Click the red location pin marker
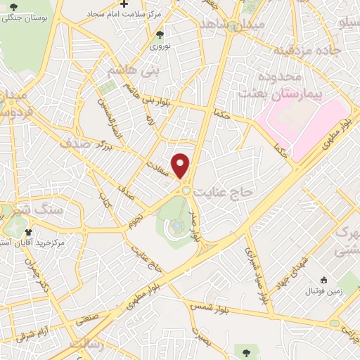coord(181,165)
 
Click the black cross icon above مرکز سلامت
coord(124,4)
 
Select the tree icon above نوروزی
coord(160,33)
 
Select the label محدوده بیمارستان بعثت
coord(270,84)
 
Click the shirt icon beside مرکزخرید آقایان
coord(29,231)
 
